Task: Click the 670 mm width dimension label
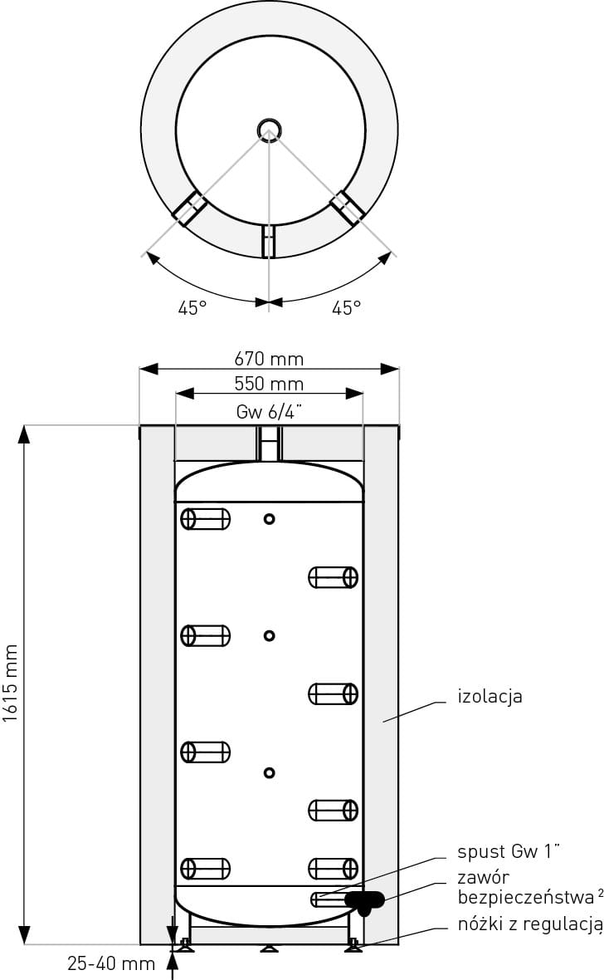pos(269,359)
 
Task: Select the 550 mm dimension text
pos(269,384)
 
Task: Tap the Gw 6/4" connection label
pos(269,412)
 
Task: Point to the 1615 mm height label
pos(11,684)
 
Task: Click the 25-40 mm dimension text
pos(111,963)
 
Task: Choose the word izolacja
pos(490,696)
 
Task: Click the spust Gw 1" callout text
pos(509,851)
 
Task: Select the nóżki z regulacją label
pos(530,924)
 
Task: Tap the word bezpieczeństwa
pos(526,898)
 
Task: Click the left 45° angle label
pos(192,308)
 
